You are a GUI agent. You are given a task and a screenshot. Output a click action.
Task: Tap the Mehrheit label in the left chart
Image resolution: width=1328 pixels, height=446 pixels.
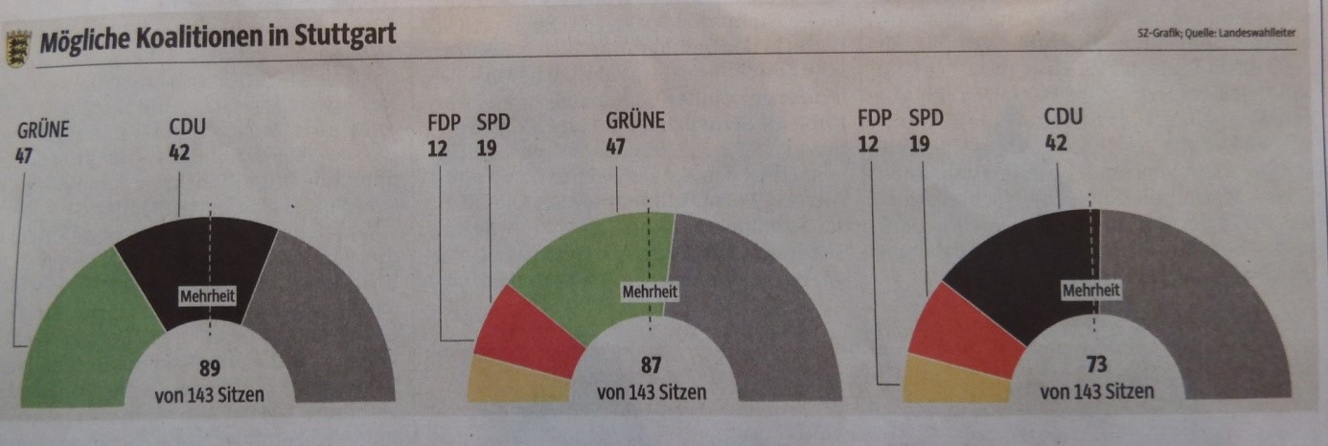pos(208,297)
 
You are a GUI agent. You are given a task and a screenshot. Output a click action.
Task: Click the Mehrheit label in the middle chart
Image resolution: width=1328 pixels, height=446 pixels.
pos(651,291)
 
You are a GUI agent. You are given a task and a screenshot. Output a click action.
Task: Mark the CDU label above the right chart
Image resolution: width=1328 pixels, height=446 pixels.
pos(1063,118)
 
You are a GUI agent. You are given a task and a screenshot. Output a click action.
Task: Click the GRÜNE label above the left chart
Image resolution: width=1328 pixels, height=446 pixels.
pos(42,129)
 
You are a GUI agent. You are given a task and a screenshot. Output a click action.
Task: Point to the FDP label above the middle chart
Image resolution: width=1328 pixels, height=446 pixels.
pos(444,122)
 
